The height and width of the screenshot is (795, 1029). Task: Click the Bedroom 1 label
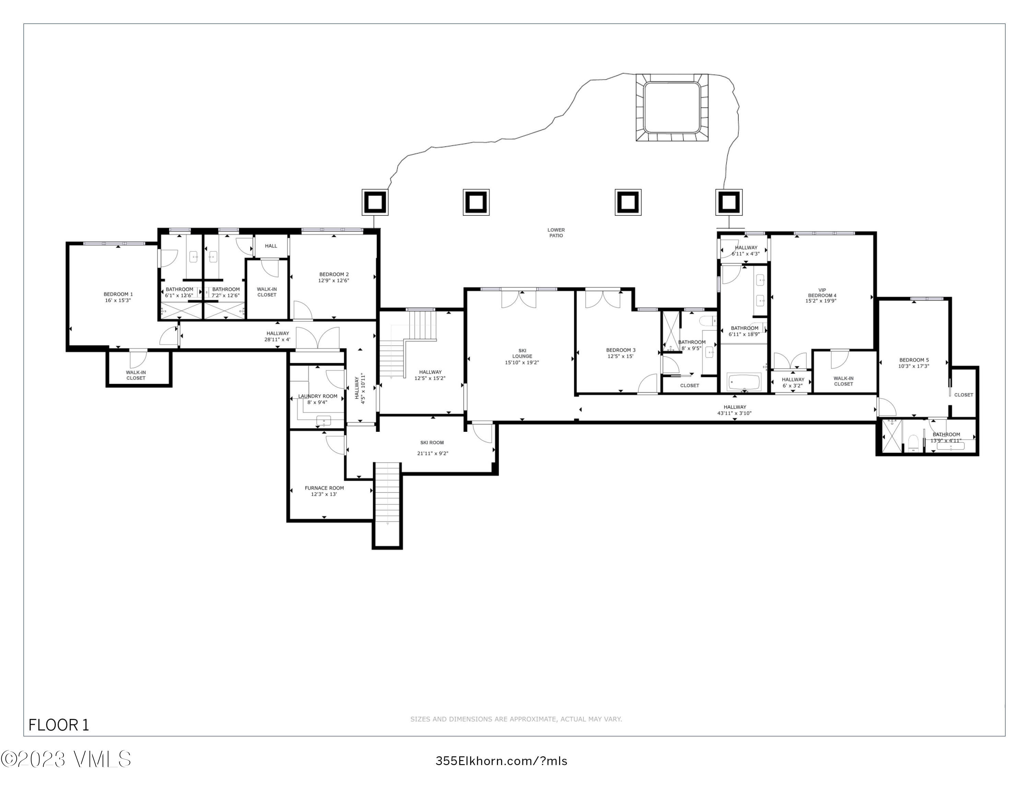(118, 294)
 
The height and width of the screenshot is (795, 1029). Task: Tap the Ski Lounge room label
(522, 353)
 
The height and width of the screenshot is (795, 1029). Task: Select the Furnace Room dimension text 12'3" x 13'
(324, 494)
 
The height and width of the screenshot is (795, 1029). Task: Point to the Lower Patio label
(556, 233)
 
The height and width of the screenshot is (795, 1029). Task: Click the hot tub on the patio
(671, 107)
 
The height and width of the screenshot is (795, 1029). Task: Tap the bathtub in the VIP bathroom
(744, 382)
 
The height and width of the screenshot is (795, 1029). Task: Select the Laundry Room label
(318, 396)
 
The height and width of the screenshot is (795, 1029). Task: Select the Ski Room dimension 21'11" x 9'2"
(433, 453)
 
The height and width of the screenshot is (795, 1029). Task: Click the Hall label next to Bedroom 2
(271, 246)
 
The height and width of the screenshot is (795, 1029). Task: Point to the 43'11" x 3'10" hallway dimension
(734, 413)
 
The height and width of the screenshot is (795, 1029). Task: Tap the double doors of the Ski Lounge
(519, 299)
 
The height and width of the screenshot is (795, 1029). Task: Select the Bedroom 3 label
(620, 350)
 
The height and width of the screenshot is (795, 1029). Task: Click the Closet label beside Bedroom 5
(963, 395)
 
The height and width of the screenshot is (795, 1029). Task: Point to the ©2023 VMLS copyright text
(66, 759)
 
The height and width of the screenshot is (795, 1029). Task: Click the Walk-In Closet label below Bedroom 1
(136, 375)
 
